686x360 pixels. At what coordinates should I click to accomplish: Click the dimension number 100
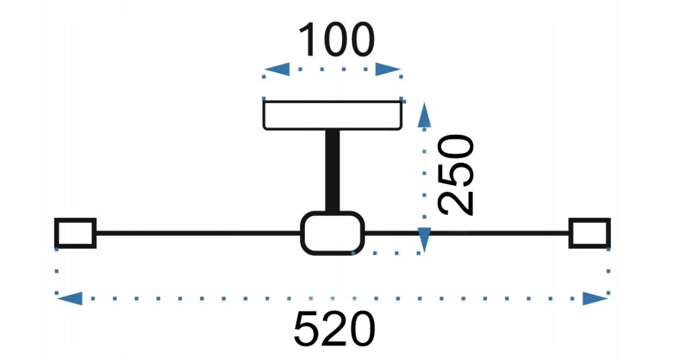pos(336,39)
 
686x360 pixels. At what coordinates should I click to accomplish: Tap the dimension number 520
pos(334,329)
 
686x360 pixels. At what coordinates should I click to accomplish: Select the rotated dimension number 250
pos(456,175)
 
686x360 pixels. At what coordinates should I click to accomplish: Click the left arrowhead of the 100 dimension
pos(277,69)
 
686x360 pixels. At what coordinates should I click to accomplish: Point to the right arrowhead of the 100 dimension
pos(388,69)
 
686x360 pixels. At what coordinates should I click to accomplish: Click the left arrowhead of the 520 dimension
pos(70,298)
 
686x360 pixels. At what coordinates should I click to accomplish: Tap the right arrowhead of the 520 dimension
pos(595,298)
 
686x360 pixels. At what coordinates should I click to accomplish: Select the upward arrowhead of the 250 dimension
pos(424,114)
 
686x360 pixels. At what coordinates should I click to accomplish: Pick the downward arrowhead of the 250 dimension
pos(424,240)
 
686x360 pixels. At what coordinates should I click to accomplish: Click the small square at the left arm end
pos(75,233)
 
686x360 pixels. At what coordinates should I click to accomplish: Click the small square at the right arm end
pos(589,233)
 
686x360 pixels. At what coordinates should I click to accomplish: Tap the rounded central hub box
pos(333,233)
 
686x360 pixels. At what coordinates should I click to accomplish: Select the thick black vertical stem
pos(333,171)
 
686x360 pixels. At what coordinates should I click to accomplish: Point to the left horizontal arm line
pos(198,233)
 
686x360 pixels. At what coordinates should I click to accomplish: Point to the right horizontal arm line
pos(466,233)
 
